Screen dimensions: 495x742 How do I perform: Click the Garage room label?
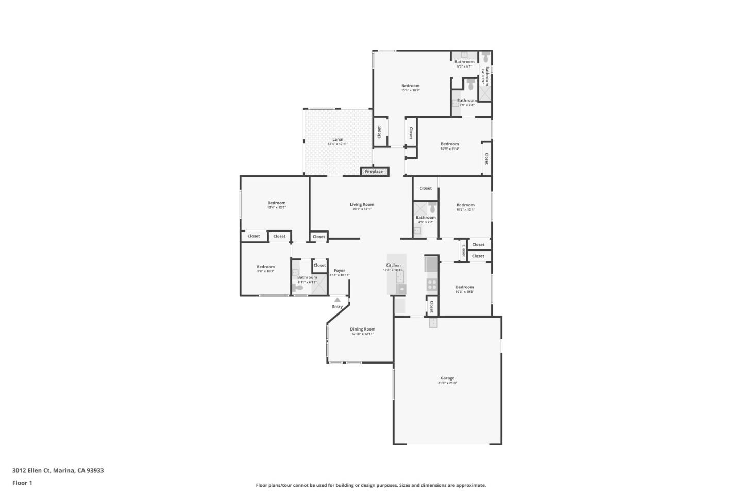pyautogui.click(x=447, y=378)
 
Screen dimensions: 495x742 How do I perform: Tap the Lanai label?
pyautogui.click(x=338, y=139)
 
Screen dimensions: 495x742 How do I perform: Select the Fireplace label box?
pyautogui.click(x=374, y=172)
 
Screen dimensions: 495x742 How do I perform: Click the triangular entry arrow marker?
pyautogui.click(x=338, y=299)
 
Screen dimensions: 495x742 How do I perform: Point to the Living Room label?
pyautogui.click(x=362, y=205)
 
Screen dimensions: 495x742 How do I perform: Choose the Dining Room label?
pyautogui.click(x=362, y=329)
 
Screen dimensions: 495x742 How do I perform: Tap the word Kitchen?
pyautogui.click(x=393, y=265)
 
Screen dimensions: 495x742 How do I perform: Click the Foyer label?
pyautogui.click(x=340, y=270)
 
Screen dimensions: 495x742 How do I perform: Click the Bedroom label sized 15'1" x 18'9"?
pyautogui.click(x=411, y=86)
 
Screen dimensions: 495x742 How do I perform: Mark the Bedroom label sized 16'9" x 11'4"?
pyautogui.click(x=449, y=144)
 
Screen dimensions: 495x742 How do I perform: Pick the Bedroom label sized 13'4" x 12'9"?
pyautogui.click(x=276, y=203)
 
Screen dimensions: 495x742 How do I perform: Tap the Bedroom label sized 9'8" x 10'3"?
pyautogui.click(x=266, y=267)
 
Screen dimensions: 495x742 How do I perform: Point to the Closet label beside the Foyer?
pyautogui.click(x=319, y=265)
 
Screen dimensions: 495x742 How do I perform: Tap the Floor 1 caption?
pyautogui.click(x=22, y=483)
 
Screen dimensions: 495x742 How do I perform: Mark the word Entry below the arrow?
pyautogui.click(x=337, y=307)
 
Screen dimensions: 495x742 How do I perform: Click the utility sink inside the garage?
pyautogui.click(x=433, y=323)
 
